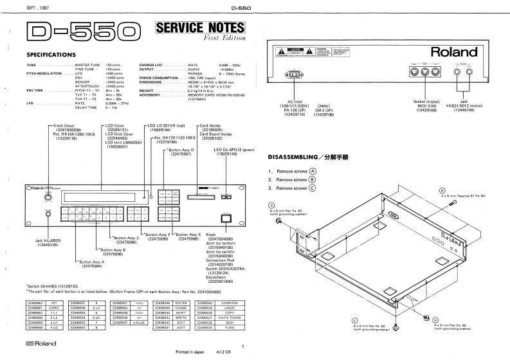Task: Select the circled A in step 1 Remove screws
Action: pos(313,171)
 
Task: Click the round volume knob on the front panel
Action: pos(47,198)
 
